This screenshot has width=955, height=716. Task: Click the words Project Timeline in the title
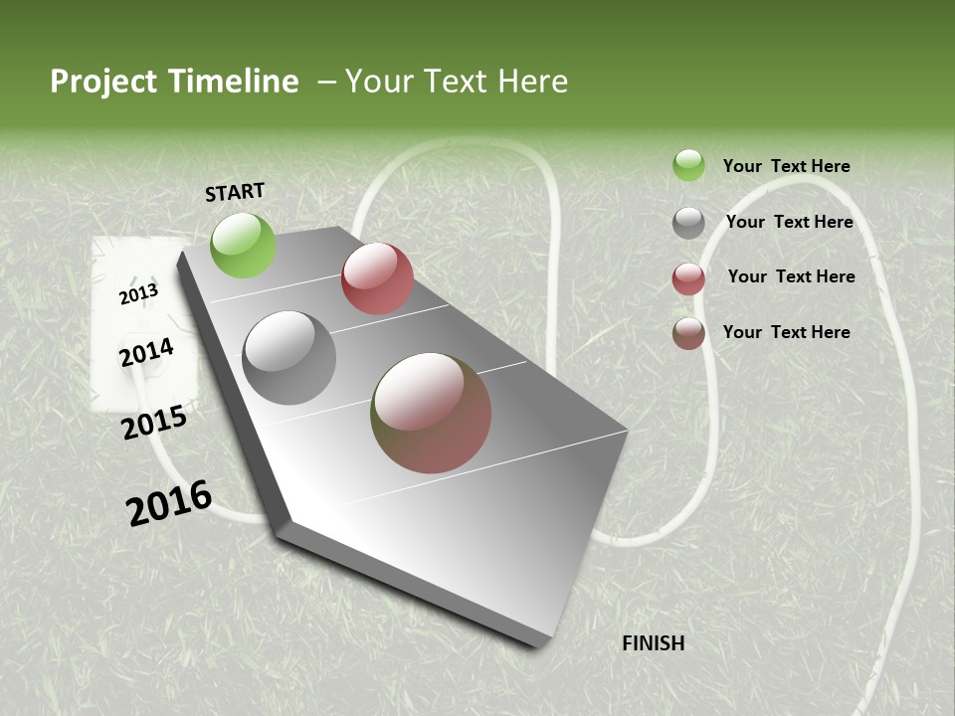click(174, 82)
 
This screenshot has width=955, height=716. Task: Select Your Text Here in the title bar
click(457, 82)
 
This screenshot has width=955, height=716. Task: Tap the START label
click(235, 192)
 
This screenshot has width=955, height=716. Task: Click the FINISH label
click(653, 643)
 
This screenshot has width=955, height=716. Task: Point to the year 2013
click(138, 293)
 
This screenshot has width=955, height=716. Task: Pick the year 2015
click(154, 423)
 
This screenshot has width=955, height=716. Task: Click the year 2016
click(169, 503)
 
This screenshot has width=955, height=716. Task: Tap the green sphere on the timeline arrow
click(243, 245)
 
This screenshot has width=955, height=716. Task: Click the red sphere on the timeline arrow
click(377, 278)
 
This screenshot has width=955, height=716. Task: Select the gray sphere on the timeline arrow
click(288, 358)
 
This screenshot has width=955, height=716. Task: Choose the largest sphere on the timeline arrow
click(431, 413)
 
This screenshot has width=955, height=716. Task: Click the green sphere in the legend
click(688, 166)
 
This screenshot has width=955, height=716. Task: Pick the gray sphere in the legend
click(688, 223)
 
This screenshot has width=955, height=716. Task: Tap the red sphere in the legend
click(688, 278)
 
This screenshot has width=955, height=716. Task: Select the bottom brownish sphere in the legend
click(688, 333)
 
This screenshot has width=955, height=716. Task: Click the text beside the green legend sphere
click(786, 166)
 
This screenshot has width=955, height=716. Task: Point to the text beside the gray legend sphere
click(789, 222)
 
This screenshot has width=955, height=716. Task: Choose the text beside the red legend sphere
click(791, 276)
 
